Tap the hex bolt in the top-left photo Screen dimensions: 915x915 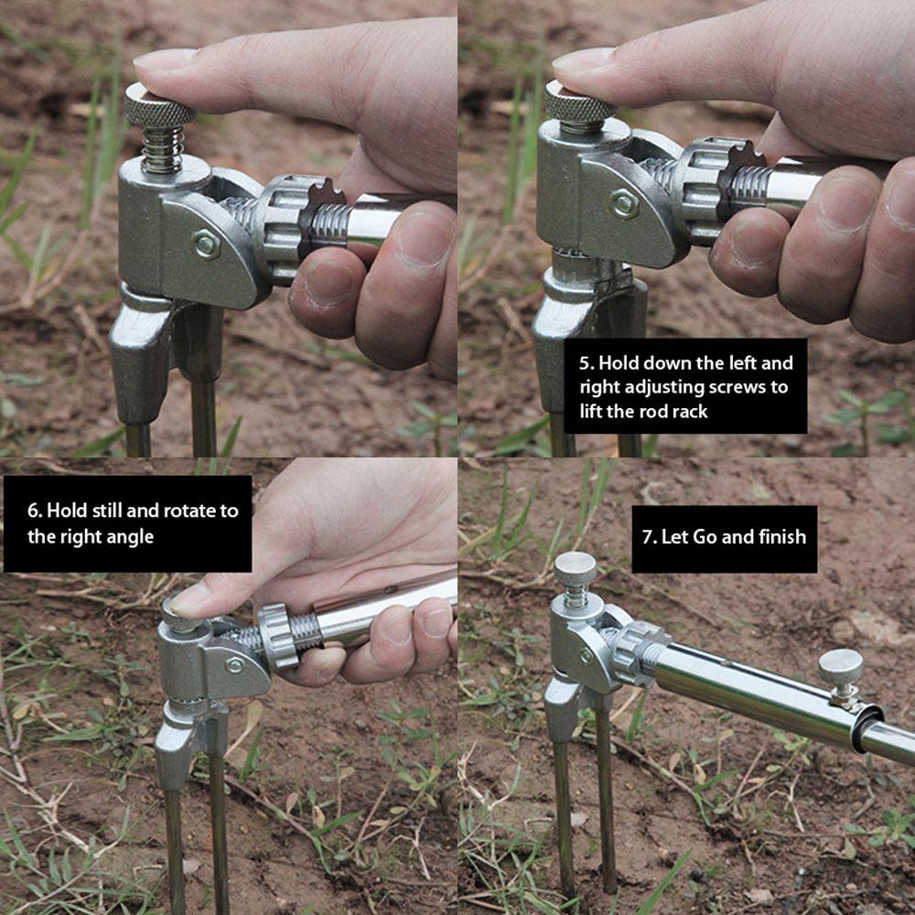(207, 244)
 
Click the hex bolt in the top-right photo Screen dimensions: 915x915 (624, 204)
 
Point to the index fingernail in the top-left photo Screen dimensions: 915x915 (166, 60)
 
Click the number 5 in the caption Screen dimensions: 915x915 (587, 363)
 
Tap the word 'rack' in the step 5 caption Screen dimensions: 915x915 (690, 412)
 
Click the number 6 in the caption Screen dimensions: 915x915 (35, 511)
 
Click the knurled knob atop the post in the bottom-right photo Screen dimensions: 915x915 (576, 568)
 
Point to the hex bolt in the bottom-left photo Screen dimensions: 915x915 (234, 664)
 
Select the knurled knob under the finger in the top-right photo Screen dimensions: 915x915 (579, 109)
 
